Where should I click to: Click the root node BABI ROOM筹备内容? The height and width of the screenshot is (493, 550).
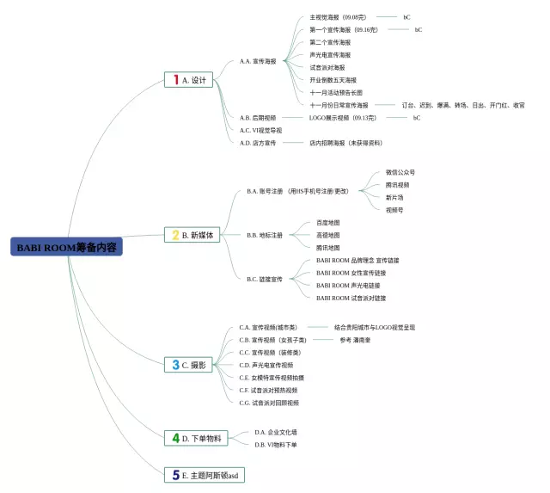pos(66,247)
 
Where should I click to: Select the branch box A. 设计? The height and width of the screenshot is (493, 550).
pos(187,80)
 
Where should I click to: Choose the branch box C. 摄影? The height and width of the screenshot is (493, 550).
pos(187,365)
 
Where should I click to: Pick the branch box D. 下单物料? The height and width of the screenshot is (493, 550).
pos(196,438)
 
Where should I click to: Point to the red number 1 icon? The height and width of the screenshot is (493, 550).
pos(175,80)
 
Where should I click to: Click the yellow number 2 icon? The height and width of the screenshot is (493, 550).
pos(175,234)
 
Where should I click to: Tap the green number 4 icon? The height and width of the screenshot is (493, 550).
pos(175,438)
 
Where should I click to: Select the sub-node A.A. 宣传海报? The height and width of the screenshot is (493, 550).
pos(259,61)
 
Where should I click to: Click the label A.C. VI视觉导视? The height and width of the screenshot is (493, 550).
pos(260,130)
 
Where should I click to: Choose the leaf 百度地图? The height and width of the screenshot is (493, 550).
pos(327,222)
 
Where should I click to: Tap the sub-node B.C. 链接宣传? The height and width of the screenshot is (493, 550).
pos(265,279)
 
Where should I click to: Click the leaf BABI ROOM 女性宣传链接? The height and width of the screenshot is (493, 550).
pos(351,273)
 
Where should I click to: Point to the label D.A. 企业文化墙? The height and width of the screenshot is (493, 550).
pos(276,432)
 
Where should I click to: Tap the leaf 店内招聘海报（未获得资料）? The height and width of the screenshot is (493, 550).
pos(345,143)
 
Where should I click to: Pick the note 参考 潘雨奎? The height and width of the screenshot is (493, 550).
pos(355,340)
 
